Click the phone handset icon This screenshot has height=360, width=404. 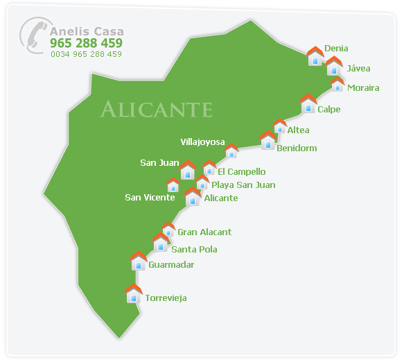[x=33, y=35]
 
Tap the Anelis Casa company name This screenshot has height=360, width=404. [x=86, y=31]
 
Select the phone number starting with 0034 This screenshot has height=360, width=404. [x=86, y=54]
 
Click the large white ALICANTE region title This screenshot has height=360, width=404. [x=156, y=109]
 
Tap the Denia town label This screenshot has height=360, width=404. [x=336, y=49]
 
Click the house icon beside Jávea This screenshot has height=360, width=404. [x=334, y=66]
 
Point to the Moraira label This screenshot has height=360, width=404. [x=363, y=88]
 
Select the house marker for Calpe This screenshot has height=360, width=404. [x=308, y=104]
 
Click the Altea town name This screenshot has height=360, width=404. [x=298, y=130]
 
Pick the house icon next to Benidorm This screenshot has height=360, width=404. [x=268, y=141]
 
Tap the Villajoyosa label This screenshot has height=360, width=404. [x=202, y=142]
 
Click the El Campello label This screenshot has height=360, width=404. [x=241, y=171]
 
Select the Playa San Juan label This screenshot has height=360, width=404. [x=243, y=185]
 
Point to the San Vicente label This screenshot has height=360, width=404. [x=150, y=198]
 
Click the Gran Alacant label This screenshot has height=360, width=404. [x=204, y=232]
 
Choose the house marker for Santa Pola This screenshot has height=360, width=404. [x=161, y=243]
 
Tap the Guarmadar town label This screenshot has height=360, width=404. [x=171, y=264]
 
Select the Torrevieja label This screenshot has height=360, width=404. [x=166, y=298]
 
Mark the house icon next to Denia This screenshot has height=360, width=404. [x=315, y=56]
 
